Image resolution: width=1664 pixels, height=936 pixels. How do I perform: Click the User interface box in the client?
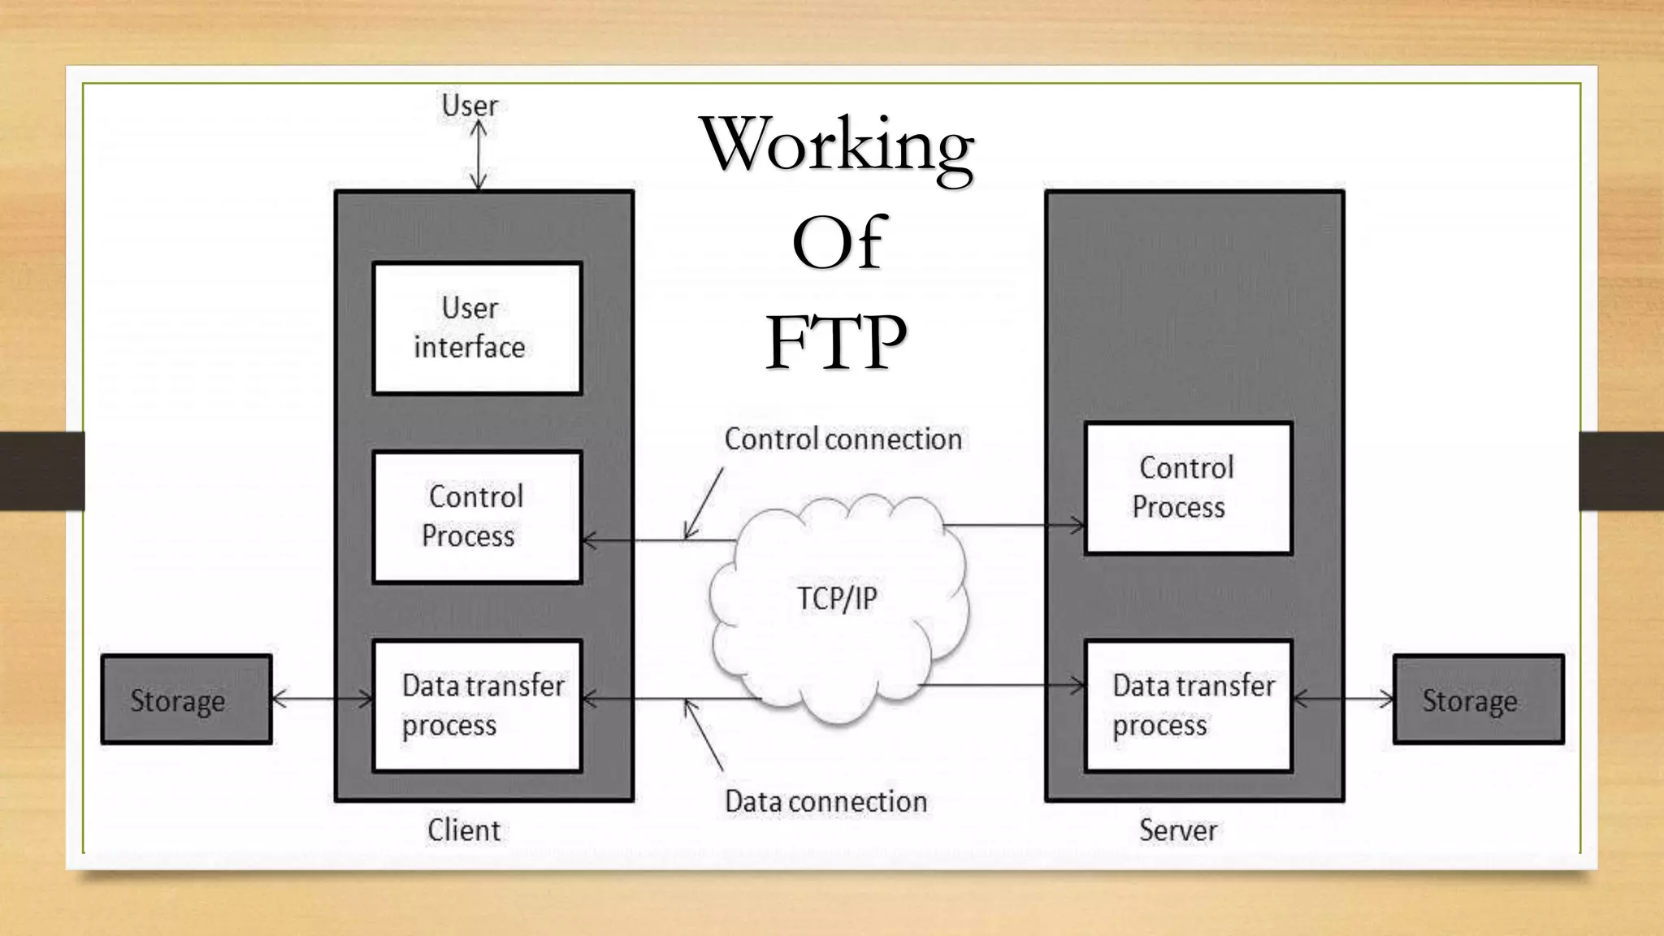(x=477, y=328)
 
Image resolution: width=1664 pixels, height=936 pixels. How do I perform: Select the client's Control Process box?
(x=477, y=517)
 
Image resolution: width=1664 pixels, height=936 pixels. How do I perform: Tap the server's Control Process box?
(x=1188, y=487)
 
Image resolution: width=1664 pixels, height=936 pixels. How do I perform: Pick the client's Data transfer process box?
(x=477, y=705)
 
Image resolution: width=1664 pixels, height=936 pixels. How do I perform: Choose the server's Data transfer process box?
(x=1188, y=705)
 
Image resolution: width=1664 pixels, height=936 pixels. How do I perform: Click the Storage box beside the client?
(x=186, y=700)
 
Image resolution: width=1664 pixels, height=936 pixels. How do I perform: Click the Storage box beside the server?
(x=1478, y=700)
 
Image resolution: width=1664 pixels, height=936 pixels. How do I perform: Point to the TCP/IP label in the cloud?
(x=837, y=599)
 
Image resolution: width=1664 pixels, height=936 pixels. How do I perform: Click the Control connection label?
(x=843, y=440)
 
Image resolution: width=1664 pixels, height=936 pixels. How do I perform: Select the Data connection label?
(x=825, y=802)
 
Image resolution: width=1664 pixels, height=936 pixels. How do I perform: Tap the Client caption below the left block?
(x=463, y=830)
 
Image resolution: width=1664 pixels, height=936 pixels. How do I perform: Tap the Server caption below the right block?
(x=1177, y=830)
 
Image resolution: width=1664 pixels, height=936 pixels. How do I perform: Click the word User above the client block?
(x=469, y=106)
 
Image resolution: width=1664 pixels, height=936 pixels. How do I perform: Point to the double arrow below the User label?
(x=479, y=156)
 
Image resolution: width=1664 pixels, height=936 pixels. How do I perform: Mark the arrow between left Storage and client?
(x=322, y=698)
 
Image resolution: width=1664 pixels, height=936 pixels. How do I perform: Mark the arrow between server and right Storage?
(x=1342, y=698)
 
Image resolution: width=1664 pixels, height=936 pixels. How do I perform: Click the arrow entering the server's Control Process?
(x=1016, y=526)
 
